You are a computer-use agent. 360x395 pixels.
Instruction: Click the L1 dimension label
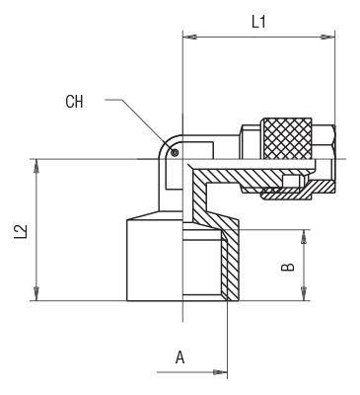click(258, 23)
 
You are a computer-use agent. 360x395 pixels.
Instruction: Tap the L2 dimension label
click(21, 231)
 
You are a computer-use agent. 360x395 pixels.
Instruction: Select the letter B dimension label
click(287, 267)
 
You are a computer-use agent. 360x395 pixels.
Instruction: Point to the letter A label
click(180, 357)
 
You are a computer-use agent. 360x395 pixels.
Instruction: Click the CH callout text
click(74, 102)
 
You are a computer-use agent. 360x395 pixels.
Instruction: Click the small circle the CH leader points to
click(175, 152)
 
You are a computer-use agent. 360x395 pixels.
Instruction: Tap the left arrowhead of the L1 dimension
click(188, 37)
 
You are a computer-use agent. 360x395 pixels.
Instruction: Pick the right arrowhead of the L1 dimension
click(328, 37)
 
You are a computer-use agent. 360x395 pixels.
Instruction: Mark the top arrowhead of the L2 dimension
click(36, 167)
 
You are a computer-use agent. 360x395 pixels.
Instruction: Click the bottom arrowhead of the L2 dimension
click(36, 294)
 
